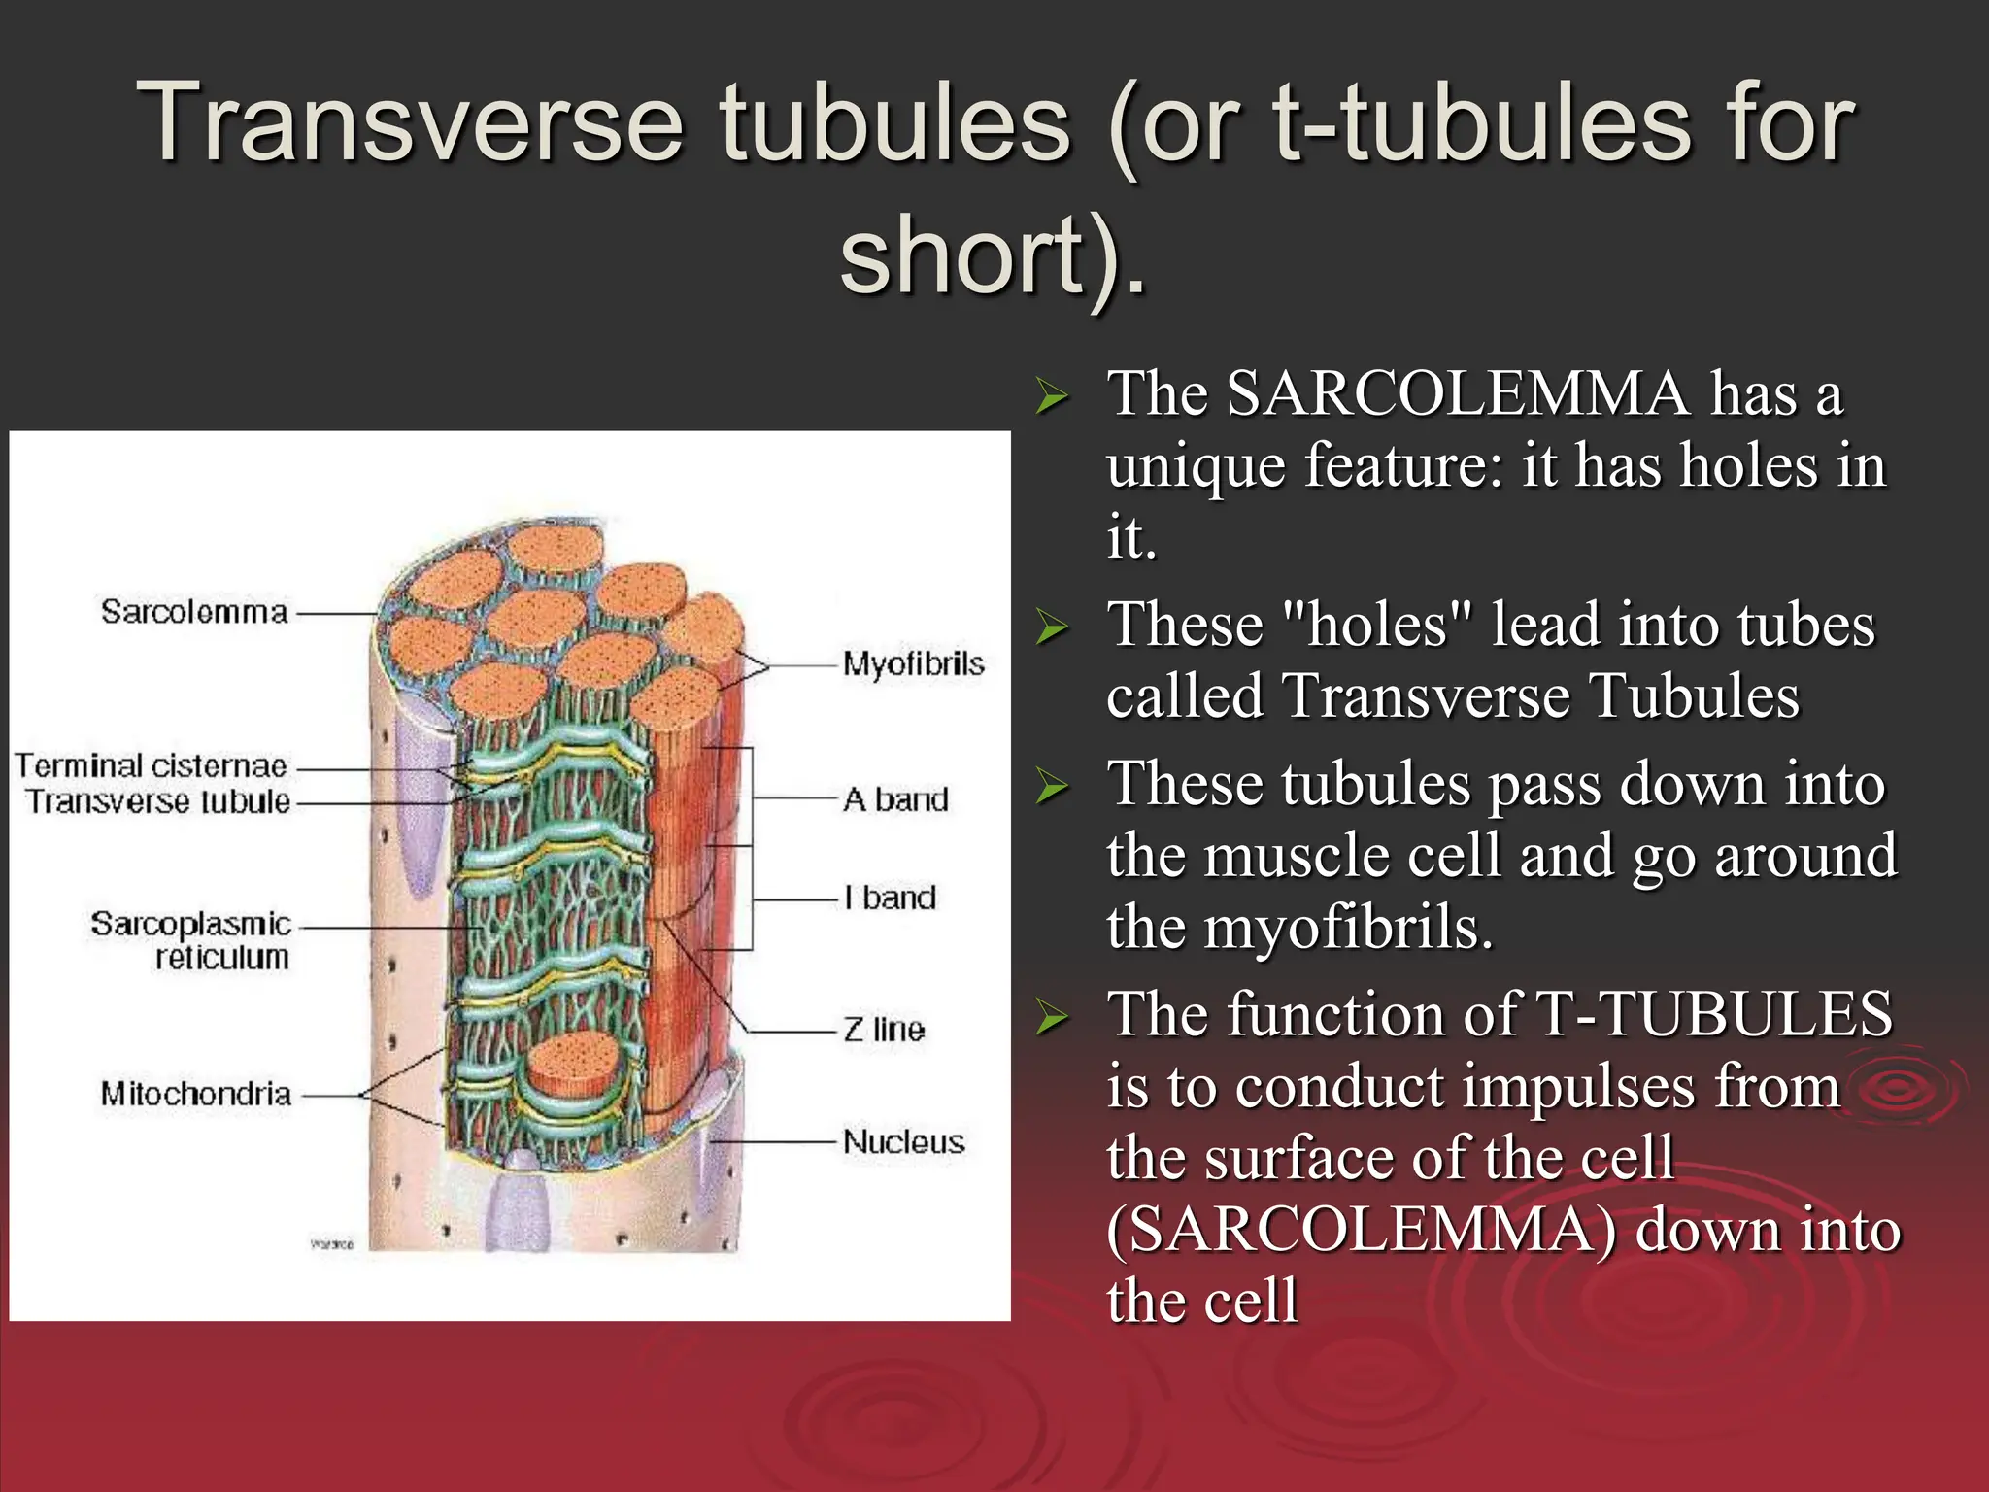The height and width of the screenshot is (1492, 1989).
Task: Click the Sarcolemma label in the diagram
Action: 194,612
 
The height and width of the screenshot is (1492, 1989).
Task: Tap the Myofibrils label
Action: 912,664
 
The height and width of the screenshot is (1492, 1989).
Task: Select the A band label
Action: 894,799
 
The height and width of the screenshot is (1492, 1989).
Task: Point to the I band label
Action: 890,898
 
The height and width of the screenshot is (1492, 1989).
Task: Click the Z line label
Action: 883,1030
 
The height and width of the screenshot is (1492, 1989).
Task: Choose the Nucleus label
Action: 903,1141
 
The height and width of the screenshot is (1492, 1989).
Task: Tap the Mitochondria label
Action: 195,1095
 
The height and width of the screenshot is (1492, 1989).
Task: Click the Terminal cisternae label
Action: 151,766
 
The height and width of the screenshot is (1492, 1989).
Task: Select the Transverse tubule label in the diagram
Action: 157,802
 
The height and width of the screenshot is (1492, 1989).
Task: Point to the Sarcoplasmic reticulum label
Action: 191,940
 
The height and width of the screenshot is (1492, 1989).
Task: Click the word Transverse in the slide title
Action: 409,124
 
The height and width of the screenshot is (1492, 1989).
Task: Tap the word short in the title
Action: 961,255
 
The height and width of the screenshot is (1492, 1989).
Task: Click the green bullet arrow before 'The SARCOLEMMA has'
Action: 1051,396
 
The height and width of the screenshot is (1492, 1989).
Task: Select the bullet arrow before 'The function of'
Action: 1051,1017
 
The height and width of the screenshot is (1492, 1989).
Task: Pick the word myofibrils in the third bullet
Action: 1348,928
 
